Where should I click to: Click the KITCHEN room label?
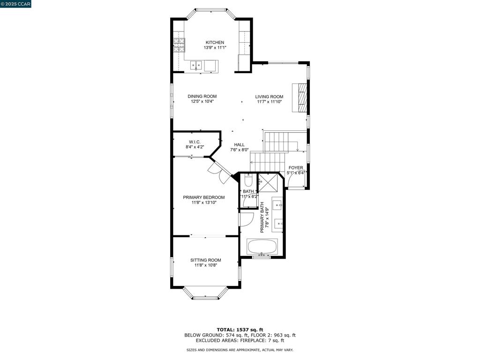click(215, 42)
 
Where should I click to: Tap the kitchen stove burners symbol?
click(179, 45)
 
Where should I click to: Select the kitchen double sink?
click(196, 65)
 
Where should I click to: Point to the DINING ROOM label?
click(202, 96)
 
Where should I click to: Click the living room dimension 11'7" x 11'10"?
click(269, 102)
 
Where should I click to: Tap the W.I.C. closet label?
click(195, 142)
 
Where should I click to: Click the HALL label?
click(239, 145)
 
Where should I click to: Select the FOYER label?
click(295, 167)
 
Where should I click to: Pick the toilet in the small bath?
click(248, 180)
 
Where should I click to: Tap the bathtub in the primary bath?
click(262, 247)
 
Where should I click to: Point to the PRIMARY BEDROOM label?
click(203, 197)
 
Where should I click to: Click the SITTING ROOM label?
click(205, 260)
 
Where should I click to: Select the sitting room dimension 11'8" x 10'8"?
click(205, 265)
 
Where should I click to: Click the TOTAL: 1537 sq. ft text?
click(240, 330)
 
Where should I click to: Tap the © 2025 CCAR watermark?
click(15, 4)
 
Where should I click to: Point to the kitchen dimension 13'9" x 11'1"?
click(215, 48)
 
